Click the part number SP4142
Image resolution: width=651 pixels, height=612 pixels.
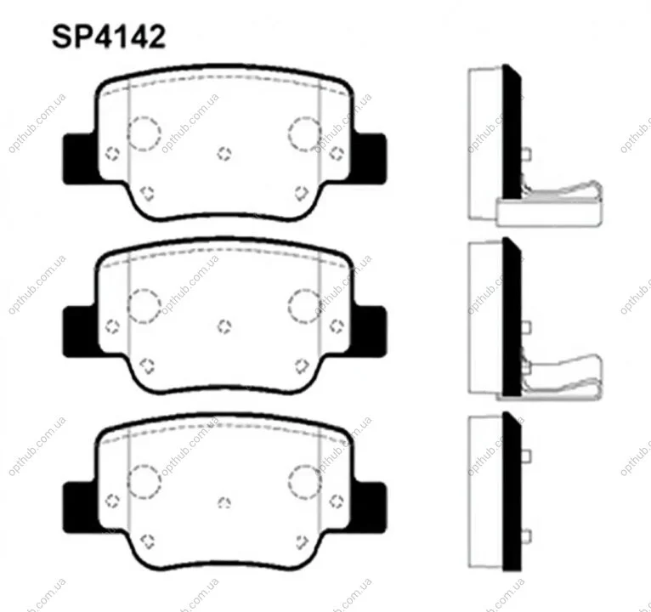[109, 37]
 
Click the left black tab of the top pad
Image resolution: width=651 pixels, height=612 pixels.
[80, 159]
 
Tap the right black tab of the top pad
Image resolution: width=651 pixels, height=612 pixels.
[371, 158]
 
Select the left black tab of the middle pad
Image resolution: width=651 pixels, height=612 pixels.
[80, 331]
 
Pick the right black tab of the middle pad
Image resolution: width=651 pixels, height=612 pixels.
[371, 331]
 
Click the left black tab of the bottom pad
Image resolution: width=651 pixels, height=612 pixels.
[80, 507]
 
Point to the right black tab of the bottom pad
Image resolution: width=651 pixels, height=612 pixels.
[371, 507]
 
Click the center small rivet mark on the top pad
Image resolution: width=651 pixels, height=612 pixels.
[224, 154]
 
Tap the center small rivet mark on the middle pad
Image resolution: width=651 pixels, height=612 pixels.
[224, 326]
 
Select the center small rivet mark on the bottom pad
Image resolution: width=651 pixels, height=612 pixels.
[224, 503]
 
